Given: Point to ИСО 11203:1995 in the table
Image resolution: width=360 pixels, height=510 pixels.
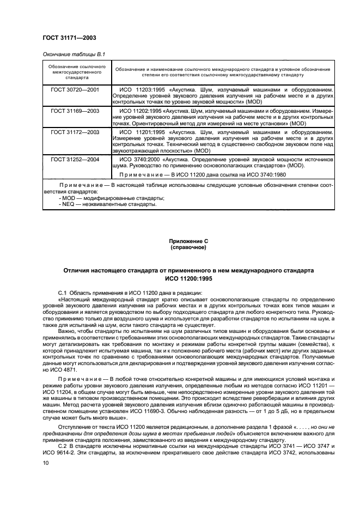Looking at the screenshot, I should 142,88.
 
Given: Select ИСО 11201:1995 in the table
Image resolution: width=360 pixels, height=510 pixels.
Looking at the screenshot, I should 142,132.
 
